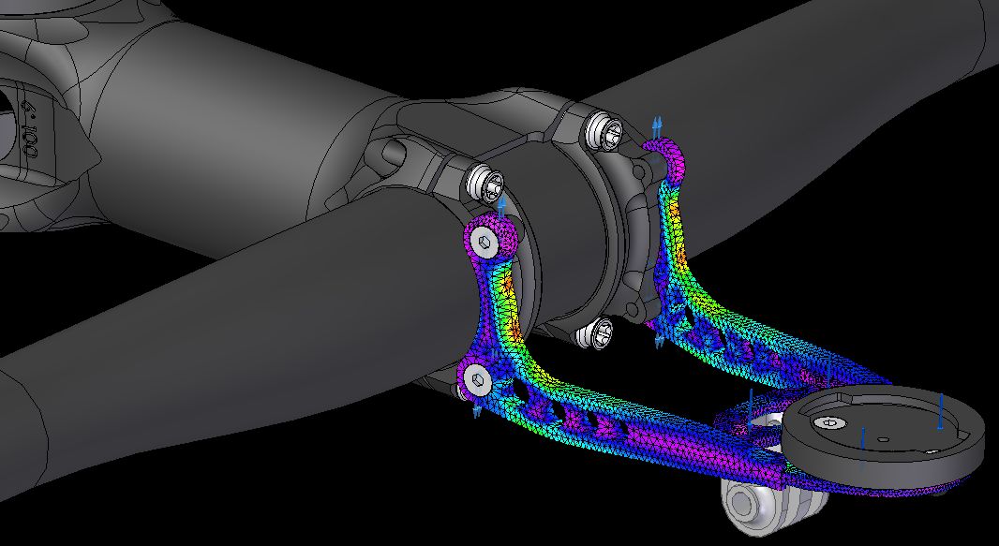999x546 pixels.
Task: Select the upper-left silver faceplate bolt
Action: point(485,181)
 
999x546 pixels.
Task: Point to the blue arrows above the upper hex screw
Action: point(502,206)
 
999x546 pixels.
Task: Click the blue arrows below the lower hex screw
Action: point(476,410)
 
